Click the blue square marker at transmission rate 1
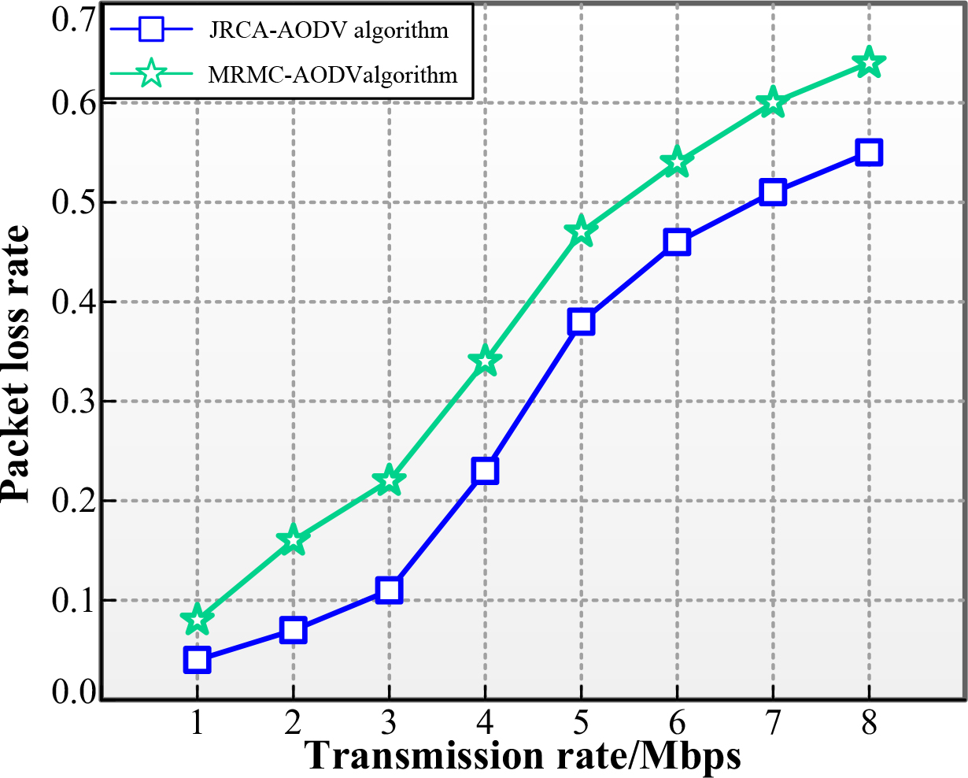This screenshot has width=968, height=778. coord(197,660)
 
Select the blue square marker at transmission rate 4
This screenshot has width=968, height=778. coord(485,470)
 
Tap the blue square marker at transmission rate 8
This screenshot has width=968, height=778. coord(869,153)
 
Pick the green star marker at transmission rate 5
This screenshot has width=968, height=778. coord(581,232)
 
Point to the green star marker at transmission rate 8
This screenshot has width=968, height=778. coord(869,62)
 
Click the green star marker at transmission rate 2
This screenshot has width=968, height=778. coord(293,540)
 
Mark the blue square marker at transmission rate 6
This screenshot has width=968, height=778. coord(677,242)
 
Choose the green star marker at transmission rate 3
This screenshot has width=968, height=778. coord(389,480)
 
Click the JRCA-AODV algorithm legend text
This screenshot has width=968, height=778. coord(329,31)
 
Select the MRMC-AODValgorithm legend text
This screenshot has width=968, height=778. coord(332,75)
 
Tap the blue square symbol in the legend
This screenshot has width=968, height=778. coord(152,29)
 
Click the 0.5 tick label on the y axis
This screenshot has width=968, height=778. coord(73,202)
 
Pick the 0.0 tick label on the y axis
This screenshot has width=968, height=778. coord(73,691)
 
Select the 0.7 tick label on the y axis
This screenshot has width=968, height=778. coord(73,20)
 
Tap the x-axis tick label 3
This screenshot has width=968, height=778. coord(389,724)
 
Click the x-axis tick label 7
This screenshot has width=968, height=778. coord(772,724)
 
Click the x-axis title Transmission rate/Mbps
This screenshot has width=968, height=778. coord(523,757)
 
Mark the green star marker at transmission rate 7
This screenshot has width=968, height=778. coord(772,102)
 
